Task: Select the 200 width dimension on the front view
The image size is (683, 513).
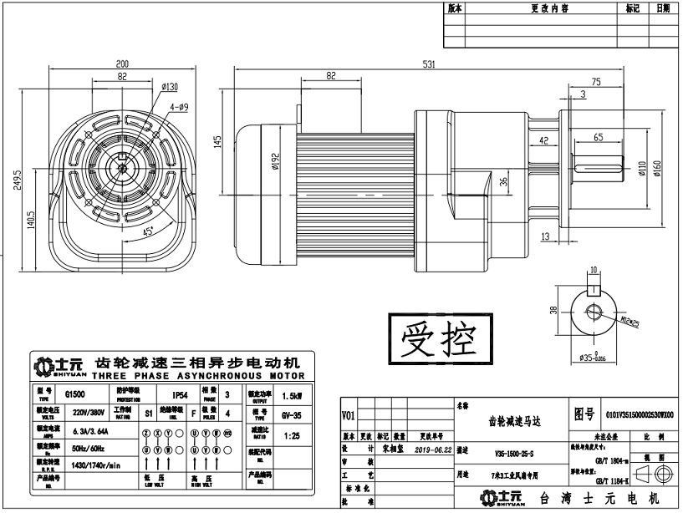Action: [x=122, y=63]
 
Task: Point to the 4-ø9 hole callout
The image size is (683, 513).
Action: [x=179, y=107]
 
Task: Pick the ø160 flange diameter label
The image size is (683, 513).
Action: [x=656, y=170]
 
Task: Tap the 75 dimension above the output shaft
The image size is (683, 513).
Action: [x=596, y=82]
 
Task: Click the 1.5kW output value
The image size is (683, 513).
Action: [x=293, y=396]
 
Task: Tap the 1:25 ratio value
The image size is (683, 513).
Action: [x=292, y=436]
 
